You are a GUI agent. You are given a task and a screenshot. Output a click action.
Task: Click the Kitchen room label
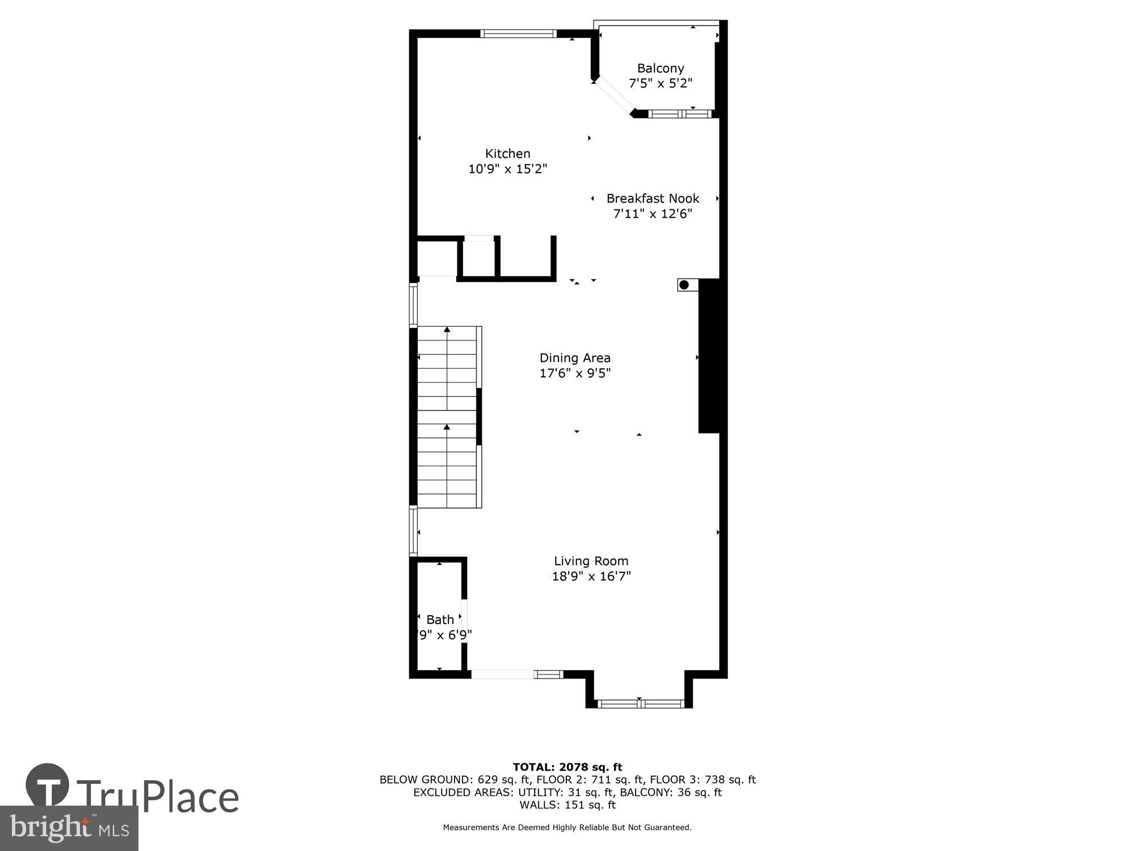[507, 154]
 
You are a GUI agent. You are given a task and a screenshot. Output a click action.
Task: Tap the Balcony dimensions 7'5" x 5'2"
[660, 83]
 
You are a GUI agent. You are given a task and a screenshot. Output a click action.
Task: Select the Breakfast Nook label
[653, 199]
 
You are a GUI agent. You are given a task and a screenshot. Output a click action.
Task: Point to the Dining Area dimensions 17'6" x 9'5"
[575, 373]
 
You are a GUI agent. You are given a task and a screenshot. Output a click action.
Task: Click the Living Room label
[591, 561]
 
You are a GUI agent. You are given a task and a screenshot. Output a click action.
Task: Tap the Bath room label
[440, 620]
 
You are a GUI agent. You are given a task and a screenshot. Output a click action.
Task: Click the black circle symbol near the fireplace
[684, 285]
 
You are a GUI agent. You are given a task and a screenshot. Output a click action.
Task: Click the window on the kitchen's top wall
[518, 34]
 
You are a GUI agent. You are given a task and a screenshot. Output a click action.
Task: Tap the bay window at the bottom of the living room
[640, 703]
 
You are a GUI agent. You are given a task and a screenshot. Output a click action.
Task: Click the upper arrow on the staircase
[447, 330]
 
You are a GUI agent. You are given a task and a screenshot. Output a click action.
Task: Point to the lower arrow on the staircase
[447, 427]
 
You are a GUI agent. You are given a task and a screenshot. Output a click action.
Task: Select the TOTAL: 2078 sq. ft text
[567, 768]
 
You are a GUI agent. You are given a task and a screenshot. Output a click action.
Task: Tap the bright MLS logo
[69, 828]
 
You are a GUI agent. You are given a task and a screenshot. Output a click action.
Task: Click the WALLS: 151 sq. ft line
[567, 804]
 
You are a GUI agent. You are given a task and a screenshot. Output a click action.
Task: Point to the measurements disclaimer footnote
[567, 828]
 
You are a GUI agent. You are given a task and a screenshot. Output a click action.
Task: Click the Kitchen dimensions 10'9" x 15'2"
[507, 169]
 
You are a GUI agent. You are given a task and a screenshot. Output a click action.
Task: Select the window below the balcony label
[680, 114]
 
